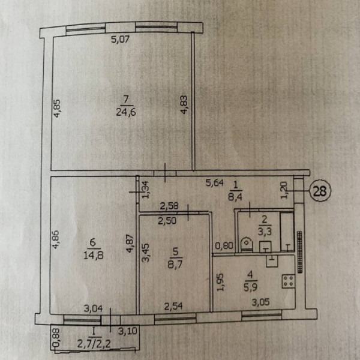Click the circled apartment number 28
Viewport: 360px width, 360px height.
tap(320, 191)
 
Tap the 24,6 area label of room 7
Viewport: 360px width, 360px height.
tap(126, 112)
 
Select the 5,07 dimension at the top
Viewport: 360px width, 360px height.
tap(121, 40)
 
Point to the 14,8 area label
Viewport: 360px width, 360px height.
tap(93, 255)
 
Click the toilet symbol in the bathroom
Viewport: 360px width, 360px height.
tap(246, 245)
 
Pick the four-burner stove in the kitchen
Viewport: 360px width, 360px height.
tap(289, 281)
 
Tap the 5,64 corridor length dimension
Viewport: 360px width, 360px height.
tap(215, 183)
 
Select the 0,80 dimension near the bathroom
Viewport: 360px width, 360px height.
tap(224, 246)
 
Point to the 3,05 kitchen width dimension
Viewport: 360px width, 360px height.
tap(260, 302)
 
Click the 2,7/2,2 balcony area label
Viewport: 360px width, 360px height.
tap(94, 343)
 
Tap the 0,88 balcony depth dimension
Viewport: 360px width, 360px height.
tap(57, 337)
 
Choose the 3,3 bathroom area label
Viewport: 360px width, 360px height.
tap(265, 232)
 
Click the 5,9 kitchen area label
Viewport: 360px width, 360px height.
tap(250, 287)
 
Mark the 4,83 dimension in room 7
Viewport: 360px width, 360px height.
tap(184, 104)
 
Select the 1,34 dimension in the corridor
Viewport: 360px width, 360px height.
tap(146, 190)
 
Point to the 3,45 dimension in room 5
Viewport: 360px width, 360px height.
tap(146, 253)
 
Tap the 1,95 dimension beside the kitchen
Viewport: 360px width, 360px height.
tap(220, 282)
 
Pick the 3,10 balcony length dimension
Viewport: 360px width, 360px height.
tap(128, 331)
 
